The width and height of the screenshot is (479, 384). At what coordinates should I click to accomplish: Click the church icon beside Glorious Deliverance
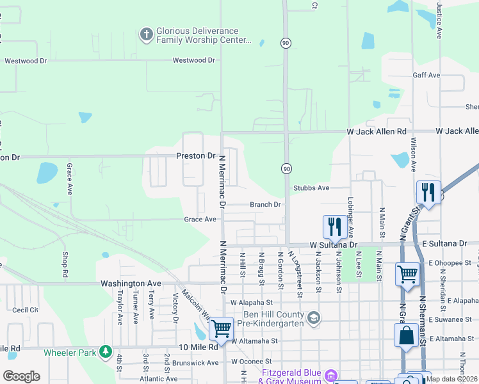[x=147, y=35]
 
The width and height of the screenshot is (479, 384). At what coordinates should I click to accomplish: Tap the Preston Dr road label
[x=196, y=156]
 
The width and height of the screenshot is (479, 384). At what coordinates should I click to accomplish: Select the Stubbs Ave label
[x=311, y=188]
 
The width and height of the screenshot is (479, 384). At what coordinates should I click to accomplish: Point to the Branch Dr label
[x=265, y=205]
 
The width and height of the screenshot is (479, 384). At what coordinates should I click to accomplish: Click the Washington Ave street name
[x=131, y=283]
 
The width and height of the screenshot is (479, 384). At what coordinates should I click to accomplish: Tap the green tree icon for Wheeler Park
[x=106, y=352]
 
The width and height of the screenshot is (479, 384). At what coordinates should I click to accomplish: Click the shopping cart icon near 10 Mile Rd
[x=221, y=329]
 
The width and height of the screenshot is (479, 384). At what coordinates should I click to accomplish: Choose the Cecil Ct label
[x=25, y=310]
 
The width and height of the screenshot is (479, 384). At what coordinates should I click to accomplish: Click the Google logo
[x=22, y=376]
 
